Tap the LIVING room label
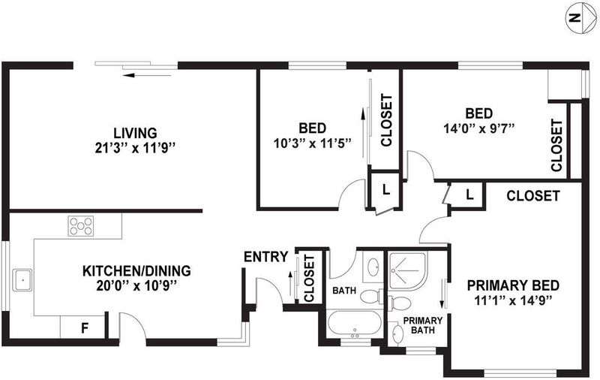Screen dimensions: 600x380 [x=136, y=133]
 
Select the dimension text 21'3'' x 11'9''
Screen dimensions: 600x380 [x=136, y=147]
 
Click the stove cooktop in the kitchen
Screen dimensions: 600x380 [x=81, y=225]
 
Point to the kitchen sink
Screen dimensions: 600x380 [x=22, y=280]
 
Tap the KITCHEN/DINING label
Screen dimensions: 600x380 [x=136, y=271]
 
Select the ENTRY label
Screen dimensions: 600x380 [x=266, y=257]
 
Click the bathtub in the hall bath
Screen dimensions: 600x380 [x=355, y=324]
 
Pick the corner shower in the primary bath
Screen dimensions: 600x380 [x=407, y=271]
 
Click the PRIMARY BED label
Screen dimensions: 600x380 [x=513, y=285]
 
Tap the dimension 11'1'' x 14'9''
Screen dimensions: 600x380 [x=513, y=300]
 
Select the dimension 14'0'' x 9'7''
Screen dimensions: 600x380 [x=478, y=128]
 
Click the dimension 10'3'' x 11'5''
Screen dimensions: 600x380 [x=313, y=143]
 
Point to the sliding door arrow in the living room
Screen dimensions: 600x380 [x=147, y=75]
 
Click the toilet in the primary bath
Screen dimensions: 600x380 [x=399, y=303]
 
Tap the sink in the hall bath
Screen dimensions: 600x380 [x=373, y=267]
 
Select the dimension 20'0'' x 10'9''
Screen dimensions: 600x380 [x=136, y=285]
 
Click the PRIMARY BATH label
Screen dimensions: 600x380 [x=423, y=325]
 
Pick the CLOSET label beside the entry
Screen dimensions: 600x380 [x=309, y=279]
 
